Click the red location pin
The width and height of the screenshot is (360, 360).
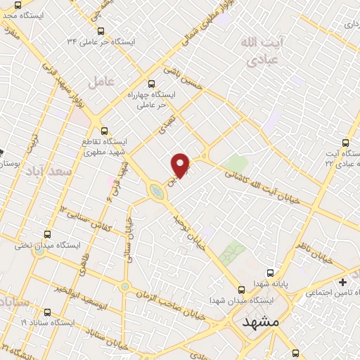pos(181,165)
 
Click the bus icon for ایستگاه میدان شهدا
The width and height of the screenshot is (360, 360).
pos(242,289)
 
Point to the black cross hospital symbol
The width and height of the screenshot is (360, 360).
pos(342,281)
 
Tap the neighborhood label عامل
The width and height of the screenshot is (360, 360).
pos(101,82)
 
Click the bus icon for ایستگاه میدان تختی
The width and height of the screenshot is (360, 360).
pos(47,235)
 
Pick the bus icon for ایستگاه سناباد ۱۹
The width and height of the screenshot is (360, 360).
pos(47,311)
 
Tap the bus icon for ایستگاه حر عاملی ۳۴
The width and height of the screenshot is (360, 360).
pos(101,31)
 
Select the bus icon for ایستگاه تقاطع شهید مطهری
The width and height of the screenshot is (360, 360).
pos(105,130)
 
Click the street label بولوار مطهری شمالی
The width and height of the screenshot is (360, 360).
pos(190,32)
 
